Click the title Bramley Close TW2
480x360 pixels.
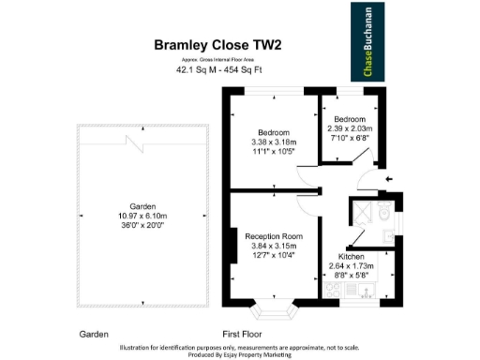tap(217, 43)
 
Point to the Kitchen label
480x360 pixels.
tap(351, 255)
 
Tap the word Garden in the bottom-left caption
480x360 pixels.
tap(94, 334)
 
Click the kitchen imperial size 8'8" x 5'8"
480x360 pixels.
tap(352, 275)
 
